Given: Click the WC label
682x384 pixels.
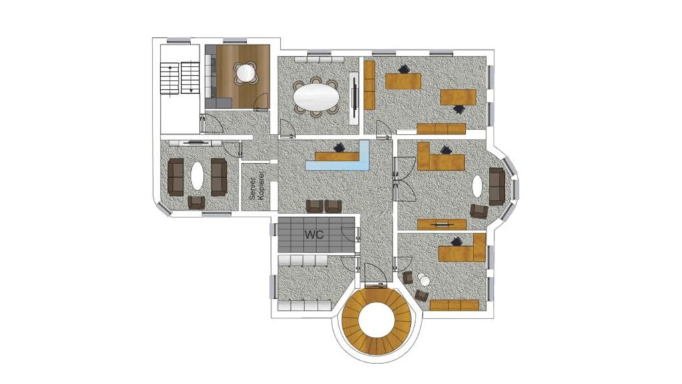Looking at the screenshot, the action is pyautogui.click(x=314, y=235).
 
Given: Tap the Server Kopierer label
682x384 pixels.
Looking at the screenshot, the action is pyautogui.click(x=256, y=186).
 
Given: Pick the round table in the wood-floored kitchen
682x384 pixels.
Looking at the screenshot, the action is pyautogui.click(x=245, y=73).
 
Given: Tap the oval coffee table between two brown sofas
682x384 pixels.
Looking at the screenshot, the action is pyautogui.click(x=197, y=176).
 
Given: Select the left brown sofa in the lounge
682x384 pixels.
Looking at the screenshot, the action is pyautogui.click(x=176, y=177).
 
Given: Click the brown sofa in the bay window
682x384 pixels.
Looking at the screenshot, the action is pyautogui.click(x=497, y=187).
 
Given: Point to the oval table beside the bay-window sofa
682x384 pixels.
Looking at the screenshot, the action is pyautogui.click(x=478, y=187).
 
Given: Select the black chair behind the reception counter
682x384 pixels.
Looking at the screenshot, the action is pyautogui.click(x=339, y=147).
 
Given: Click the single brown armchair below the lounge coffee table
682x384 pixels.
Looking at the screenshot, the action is pyautogui.click(x=196, y=202).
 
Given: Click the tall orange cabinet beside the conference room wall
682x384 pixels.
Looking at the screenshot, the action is pyautogui.click(x=369, y=85).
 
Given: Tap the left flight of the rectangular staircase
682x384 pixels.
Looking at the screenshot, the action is pyautogui.click(x=170, y=78).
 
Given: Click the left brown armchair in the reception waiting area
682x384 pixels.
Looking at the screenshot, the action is pyautogui.click(x=314, y=206).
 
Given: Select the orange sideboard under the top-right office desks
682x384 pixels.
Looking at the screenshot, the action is pyautogui.click(x=442, y=129).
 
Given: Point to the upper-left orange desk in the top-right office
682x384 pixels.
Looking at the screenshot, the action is pyautogui.click(x=403, y=81).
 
